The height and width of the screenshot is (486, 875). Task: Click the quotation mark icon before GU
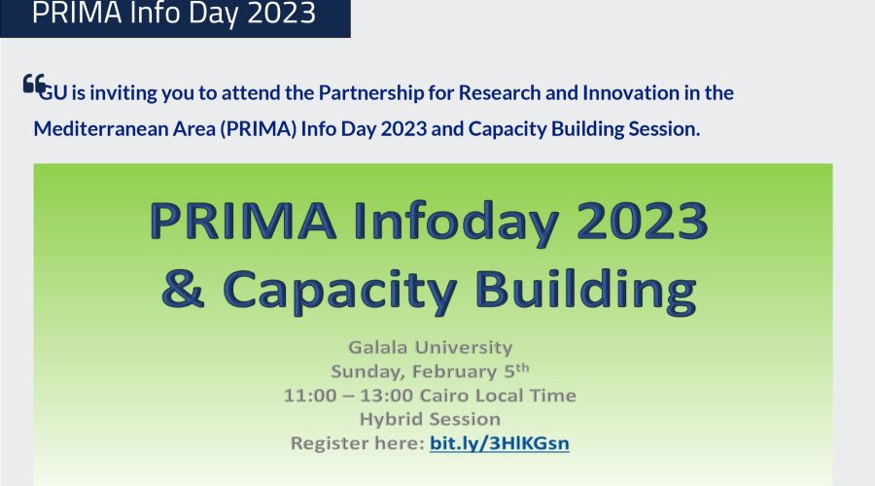pos(34,84)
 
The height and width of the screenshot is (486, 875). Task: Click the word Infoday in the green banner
pos(455,222)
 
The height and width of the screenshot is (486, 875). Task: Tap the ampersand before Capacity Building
pos(183,289)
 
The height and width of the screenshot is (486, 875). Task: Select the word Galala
pos(378,347)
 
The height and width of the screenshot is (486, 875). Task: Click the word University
pos(463,347)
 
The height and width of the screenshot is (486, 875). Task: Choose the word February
pos(454,371)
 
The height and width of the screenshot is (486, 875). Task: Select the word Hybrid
pos(391,420)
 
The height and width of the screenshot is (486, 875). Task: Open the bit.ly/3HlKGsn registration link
pos(500,443)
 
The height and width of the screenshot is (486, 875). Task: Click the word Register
pos(329,443)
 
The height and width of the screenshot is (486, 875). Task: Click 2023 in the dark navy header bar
pos(282,14)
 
